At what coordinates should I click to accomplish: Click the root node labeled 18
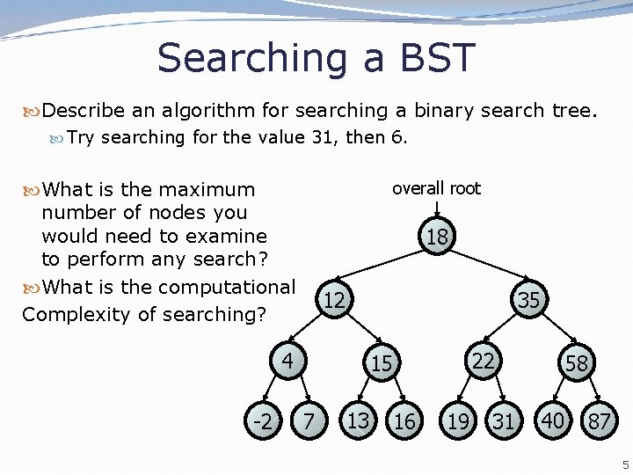[x=437, y=236]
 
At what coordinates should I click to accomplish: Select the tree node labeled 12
[x=334, y=301]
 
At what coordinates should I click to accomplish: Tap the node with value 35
[x=528, y=300]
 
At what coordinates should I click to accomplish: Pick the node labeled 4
[x=287, y=361]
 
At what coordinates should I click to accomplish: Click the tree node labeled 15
[x=382, y=362]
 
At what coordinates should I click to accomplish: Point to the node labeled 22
[x=483, y=361]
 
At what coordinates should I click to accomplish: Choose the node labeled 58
[x=577, y=362]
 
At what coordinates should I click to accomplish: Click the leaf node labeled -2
[x=262, y=420]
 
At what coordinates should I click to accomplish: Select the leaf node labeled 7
[x=308, y=420]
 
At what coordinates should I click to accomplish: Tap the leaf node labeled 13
[x=358, y=420]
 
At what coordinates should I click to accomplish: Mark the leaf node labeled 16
[x=404, y=421]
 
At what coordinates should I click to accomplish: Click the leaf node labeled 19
[x=458, y=421]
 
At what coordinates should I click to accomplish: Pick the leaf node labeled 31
[x=503, y=421]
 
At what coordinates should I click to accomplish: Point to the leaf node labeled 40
[x=553, y=420]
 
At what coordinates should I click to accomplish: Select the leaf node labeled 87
[x=600, y=421]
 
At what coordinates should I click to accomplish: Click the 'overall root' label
[x=436, y=188]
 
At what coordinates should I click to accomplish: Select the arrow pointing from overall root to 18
[x=437, y=208]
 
